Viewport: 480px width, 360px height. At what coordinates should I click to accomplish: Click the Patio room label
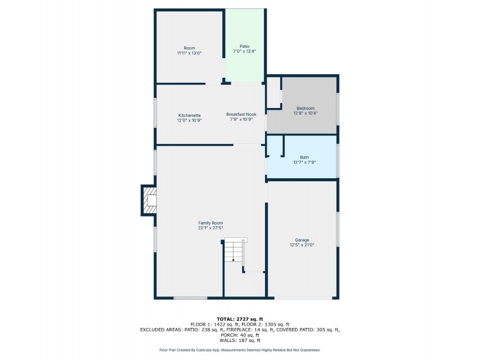[x=244, y=46]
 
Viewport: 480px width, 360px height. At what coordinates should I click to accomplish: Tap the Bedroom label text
[x=306, y=108]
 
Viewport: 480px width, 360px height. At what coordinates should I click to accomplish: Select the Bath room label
[x=304, y=157]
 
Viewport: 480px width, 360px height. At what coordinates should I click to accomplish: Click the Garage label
[x=302, y=240]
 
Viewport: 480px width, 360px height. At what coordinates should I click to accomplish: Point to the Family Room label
[x=210, y=223]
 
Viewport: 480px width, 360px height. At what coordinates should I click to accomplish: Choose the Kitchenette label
[x=190, y=115]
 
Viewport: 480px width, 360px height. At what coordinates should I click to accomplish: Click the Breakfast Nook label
[x=241, y=114]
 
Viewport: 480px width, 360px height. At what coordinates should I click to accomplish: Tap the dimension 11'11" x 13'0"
[x=190, y=53]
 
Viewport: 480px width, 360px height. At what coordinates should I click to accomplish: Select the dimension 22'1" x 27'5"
[x=210, y=228]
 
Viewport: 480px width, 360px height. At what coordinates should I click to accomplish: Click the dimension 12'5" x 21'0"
[x=302, y=245]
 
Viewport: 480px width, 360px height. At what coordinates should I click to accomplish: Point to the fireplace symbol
[x=149, y=200]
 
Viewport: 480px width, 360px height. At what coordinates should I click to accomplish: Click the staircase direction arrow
[x=234, y=251]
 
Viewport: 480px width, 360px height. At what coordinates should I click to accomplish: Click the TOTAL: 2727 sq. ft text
[x=240, y=319]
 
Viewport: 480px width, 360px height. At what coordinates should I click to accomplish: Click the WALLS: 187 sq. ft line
[x=240, y=340]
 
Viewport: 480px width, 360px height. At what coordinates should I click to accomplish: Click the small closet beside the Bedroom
[x=273, y=92]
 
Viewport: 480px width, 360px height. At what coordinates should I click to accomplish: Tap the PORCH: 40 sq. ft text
[x=240, y=335]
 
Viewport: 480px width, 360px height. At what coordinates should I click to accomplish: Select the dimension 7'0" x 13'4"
[x=244, y=51]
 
